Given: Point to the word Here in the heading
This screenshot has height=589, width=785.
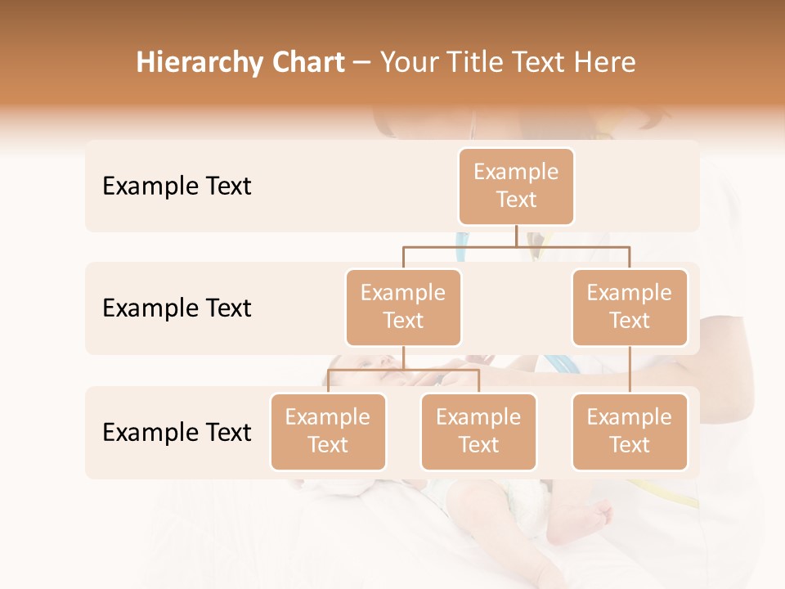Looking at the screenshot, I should click(x=605, y=62).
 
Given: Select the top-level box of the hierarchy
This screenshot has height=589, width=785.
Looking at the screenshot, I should click(x=516, y=186).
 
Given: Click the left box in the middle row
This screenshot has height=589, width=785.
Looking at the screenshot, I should click(x=403, y=307).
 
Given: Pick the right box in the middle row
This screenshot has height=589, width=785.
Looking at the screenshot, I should click(x=630, y=307).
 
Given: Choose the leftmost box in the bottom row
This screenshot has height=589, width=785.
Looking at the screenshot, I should click(x=328, y=431).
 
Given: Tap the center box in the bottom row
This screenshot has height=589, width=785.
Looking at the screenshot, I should click(x=478, y=431).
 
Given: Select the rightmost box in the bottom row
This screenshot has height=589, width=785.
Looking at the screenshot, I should click(x=630, y=431).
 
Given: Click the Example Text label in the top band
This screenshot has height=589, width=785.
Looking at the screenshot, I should click(x=177, y=186).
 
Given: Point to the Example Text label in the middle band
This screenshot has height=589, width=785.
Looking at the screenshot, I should click(x=177, y=308).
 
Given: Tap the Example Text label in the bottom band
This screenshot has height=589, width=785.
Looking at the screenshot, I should click(x=177, y=432).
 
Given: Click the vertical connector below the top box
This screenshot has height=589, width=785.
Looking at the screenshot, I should click(x=516, y=236).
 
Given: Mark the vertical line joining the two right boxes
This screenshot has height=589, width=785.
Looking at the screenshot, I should click(x=630, y=370).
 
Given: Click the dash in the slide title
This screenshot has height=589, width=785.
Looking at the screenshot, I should click(x=362, y=62).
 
